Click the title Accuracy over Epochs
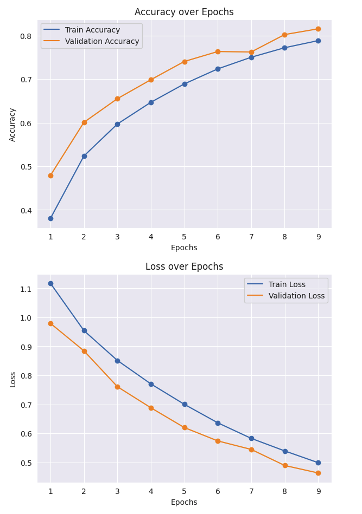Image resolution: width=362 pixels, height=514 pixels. point(184,12)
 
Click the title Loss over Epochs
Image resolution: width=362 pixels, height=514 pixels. point(184,266)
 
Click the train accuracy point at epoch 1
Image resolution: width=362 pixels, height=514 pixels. point(50,218)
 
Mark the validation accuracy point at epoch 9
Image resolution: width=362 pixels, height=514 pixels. point(318,29)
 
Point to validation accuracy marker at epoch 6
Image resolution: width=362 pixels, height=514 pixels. point(218,51)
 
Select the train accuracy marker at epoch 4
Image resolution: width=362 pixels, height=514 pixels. point(151,102)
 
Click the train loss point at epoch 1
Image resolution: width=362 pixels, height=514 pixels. point(50,283)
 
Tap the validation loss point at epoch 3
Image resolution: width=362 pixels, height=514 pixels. point(117,387)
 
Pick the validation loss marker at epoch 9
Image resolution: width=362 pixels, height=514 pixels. point(318,473)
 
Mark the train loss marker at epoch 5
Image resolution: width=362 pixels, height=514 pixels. point(185,404)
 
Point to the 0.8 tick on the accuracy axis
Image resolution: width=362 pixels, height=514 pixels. point(26,36)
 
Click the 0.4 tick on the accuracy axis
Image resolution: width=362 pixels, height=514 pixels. point(26,210)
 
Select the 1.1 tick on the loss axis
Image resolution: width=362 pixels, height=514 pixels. point(26,289)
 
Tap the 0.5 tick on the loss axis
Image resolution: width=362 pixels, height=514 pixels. point(26,463)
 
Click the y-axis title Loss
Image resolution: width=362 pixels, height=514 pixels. point(12,379)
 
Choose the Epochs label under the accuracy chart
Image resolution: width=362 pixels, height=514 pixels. point(184,248)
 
